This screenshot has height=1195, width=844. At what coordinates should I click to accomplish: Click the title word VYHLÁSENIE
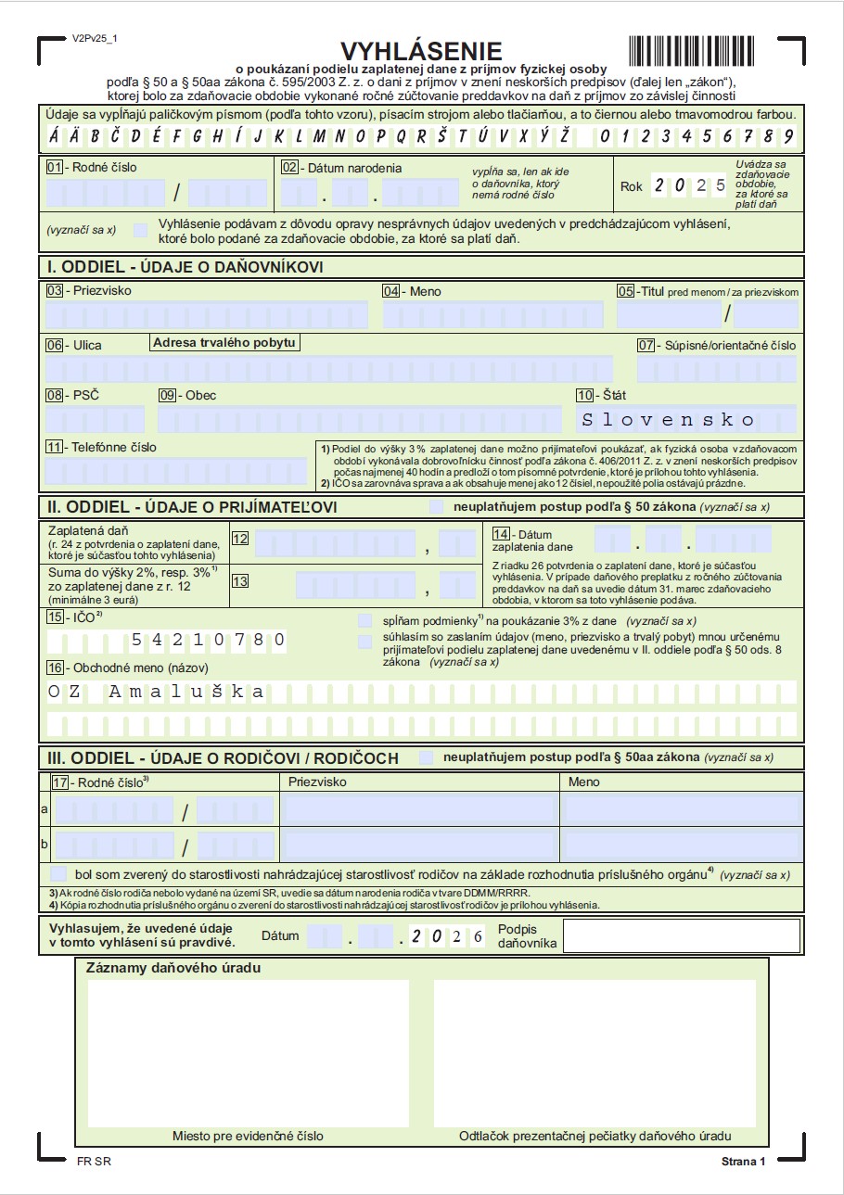[x=421, y=51]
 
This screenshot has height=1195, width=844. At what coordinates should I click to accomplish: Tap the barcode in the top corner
[x=701, y=48]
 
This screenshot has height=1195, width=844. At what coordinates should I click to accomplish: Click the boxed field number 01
[x=54, y=168]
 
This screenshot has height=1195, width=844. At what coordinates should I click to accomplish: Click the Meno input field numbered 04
[x=494, y=315]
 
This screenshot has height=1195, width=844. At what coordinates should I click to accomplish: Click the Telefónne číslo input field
[x=175, y=471]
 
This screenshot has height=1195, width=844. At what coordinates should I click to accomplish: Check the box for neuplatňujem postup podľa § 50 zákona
[x=437, y=507]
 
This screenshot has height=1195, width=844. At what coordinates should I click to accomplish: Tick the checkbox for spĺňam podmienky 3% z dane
[x=364, y=619]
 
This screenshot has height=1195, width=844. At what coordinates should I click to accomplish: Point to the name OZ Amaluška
[x=156, y=692]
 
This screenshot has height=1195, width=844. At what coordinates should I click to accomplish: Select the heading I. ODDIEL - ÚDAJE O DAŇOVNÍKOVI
[x=185, y=267]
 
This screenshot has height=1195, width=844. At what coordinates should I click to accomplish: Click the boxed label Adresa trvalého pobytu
[x=224, y=343]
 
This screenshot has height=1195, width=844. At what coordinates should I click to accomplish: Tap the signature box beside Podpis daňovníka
[x=681, y=935]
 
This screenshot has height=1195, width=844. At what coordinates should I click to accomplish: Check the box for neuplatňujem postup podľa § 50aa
[x=426, y=757]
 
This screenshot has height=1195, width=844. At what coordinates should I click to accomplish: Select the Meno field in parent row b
[x=681, y=845]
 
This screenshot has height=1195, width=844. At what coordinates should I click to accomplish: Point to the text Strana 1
[x=743, y=1162]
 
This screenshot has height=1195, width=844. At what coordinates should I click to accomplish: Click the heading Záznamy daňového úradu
[x=173, y=968]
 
